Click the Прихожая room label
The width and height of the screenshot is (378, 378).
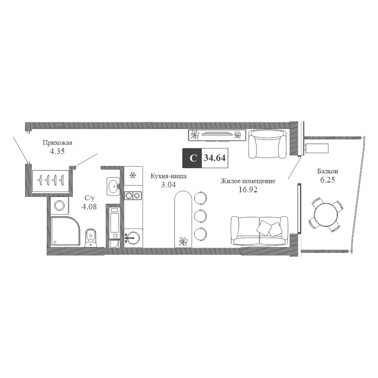(x=57, y=143)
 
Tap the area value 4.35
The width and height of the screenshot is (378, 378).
(x=57, y=151)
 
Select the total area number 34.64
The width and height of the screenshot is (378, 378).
(x=215, y=158)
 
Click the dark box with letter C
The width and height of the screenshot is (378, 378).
(x=192, y=158)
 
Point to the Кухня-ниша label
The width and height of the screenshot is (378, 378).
(x=168, y=176)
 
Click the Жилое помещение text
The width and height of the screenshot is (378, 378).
(x=248, y=181)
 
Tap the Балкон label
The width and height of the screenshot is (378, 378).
(x=327, y=172)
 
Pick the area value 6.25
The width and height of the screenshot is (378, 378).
(x=327, y=180)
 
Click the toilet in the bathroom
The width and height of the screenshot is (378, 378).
(x=91, y=238)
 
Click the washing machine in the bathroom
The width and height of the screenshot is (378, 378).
(x=60, y=206)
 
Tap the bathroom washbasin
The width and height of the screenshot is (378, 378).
(x=113, y=187)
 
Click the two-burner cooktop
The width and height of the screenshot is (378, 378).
(x=133, y=195)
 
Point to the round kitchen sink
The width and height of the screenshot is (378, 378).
(x=132, y=238)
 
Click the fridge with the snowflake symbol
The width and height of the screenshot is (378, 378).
(x=133, y=176)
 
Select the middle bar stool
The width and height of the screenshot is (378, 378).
(x=200, y=216)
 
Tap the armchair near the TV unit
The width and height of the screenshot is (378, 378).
(x=267, y=144)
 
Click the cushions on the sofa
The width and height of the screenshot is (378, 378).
(x=269, y=228)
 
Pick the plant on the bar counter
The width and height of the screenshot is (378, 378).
(x=183, y=241)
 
